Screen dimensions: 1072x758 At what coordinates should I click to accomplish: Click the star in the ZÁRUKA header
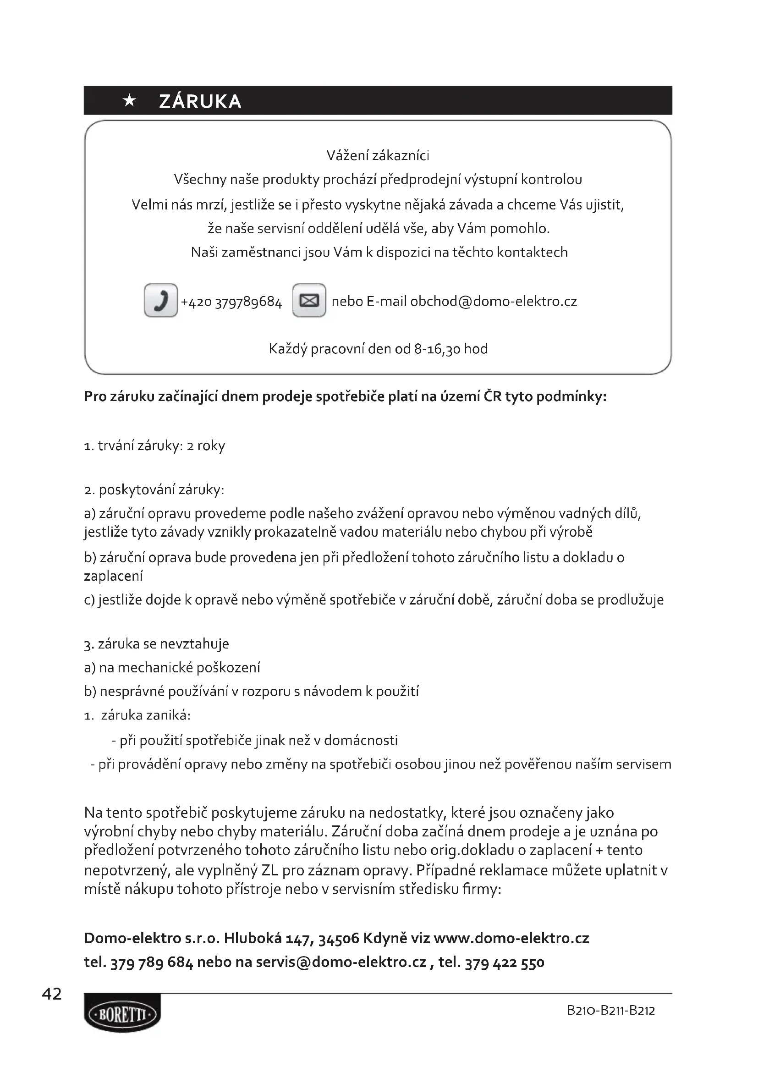coord(129,101)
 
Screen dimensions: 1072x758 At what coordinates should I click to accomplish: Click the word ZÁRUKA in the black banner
coord(200,101)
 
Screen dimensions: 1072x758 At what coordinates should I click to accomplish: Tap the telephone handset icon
coord(160,300)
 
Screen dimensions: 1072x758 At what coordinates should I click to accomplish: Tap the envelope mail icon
coord(309,300)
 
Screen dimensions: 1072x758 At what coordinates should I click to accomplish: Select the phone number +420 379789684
coord(231,302)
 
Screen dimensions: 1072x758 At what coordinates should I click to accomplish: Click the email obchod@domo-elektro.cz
coord(494,301)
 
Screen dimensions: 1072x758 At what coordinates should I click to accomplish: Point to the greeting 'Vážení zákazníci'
coord(378,155)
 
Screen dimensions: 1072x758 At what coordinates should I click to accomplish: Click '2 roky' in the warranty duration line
coord(206,446)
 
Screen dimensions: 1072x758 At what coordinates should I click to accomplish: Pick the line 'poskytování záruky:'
coord(161,490)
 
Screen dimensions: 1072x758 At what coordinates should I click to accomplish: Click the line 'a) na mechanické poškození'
coord(172,668)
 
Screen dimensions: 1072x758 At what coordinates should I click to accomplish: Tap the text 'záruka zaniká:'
coord(146,715)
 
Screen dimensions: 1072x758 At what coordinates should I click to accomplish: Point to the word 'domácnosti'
coord(361,741)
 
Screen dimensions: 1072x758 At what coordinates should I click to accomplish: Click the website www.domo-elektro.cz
coord(511,939)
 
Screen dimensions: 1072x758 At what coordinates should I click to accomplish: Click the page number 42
coord(52,994)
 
